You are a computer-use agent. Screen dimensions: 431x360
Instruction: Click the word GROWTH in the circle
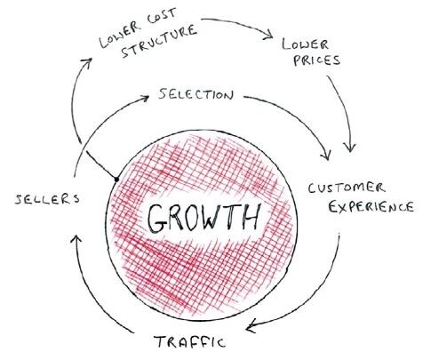(x=204, y=218)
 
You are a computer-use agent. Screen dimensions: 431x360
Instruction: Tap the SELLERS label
(x=47, y=199)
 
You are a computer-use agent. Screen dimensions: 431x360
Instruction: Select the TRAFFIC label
(x=189, y=341)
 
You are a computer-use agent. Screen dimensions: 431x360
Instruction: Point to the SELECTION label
(x=196, y=94)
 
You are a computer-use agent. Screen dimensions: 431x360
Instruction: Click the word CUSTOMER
(x=347, y=188)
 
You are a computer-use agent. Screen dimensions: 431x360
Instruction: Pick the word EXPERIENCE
(x=371, y=206)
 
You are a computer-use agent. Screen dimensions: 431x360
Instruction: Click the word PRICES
(x=316, y=60)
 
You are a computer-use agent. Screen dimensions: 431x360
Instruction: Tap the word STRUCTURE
(x=159, y=41)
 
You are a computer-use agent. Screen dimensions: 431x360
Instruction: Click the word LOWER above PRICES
(x=305, y=44)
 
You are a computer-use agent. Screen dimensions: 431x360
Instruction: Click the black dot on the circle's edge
(x=116, y=179)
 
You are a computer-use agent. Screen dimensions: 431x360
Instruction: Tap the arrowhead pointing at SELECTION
(x=146, y=98)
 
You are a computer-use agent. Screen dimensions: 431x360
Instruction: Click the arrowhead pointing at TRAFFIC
(x=251, y=326)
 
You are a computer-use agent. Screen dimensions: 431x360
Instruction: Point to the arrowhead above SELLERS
(x=76, y=239)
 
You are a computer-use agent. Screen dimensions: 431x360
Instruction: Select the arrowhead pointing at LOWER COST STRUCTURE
(x=88, y=62)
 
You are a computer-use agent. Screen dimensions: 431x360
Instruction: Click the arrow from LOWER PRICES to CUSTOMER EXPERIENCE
(x=346, y=110)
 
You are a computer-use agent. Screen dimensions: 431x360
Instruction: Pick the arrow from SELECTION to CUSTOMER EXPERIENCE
(x=299, y=116)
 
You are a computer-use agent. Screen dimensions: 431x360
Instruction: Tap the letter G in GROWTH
(x=157, y=219)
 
